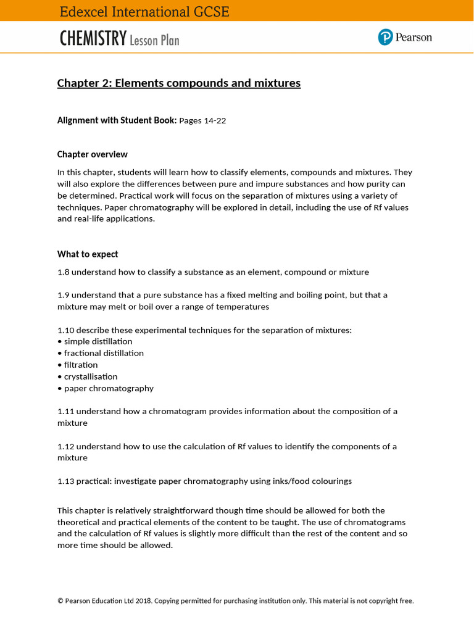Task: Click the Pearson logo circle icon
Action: [386, 38]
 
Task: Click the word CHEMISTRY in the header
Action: [93, 39]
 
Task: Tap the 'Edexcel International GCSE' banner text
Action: [144, 12]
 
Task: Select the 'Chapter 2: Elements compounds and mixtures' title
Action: [179, 83]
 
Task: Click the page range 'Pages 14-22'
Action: [202, 120]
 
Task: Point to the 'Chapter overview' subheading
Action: [93, 154]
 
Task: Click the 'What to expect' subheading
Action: [88, 254]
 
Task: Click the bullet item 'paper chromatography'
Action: [109, 388]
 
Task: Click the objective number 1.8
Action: [64, 272]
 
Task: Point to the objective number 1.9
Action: [64, 295]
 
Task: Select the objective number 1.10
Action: [66, 330]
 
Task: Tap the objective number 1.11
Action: [66, 411]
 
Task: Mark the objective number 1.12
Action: [66, 446]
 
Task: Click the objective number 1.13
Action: [66, 481]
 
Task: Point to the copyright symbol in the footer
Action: [60, 601]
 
